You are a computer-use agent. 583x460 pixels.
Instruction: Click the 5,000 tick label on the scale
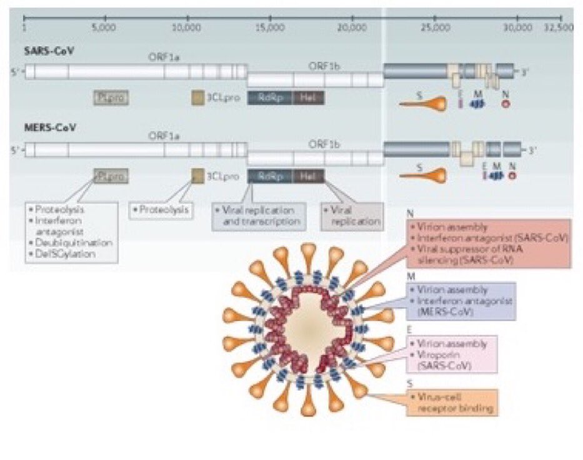(x=103, y=28)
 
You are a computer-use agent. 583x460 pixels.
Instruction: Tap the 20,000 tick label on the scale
(x=351, y=28)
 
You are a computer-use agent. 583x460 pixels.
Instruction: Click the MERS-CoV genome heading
(x=51, y=128)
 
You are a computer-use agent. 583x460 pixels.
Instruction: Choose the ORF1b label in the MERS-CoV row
(x=324, y=143)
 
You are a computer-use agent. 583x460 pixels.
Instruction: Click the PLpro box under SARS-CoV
(x=111, y=97)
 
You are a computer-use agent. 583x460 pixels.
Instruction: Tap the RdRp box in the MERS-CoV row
(x=269, y=176)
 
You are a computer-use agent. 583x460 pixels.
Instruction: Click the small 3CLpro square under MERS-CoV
(x=197, y=176)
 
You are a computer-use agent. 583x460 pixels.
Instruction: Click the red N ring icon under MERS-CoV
(x=512, y=176)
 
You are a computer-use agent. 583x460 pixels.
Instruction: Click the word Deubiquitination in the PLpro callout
(x=74, y=242)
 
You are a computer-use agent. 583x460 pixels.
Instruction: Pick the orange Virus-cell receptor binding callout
(x=451, y=403)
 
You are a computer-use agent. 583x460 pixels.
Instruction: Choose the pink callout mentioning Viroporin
(x=451, y=354)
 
